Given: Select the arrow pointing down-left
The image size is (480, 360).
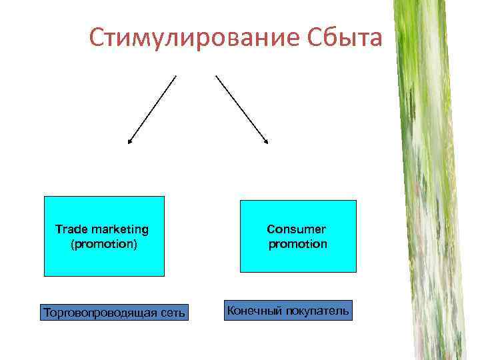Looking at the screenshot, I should pyautogui.click(x=152, y=109).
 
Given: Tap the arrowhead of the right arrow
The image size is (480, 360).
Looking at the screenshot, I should pyautogui.click(x=266, y=141).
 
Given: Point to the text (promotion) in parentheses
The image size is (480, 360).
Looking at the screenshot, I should pyautogui.click(x=103, y=244).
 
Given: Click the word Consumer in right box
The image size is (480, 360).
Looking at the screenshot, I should pyautogui.click(x=297, y=229).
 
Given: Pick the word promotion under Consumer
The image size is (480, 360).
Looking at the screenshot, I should pyautogui.click(x=298, y=244).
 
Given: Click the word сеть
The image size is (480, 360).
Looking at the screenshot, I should pyautogui.click(x=173, y=312).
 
